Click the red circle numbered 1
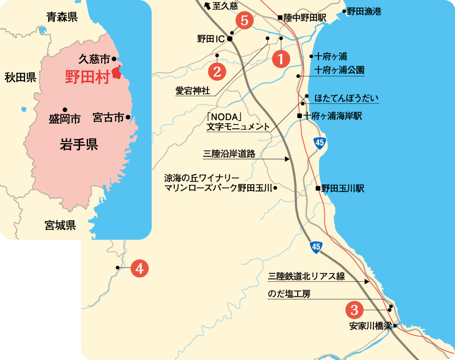[281, 59]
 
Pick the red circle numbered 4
[139, 269]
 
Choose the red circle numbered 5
[245, 21]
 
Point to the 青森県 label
[62, 17]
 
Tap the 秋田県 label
[20, 78]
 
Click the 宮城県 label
[60, 226]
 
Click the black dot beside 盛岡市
[65, 109]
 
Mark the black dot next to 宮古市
[128, 117]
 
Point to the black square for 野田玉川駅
[318, 188]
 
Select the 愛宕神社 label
[193, 91]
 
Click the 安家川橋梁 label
[370, 326]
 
